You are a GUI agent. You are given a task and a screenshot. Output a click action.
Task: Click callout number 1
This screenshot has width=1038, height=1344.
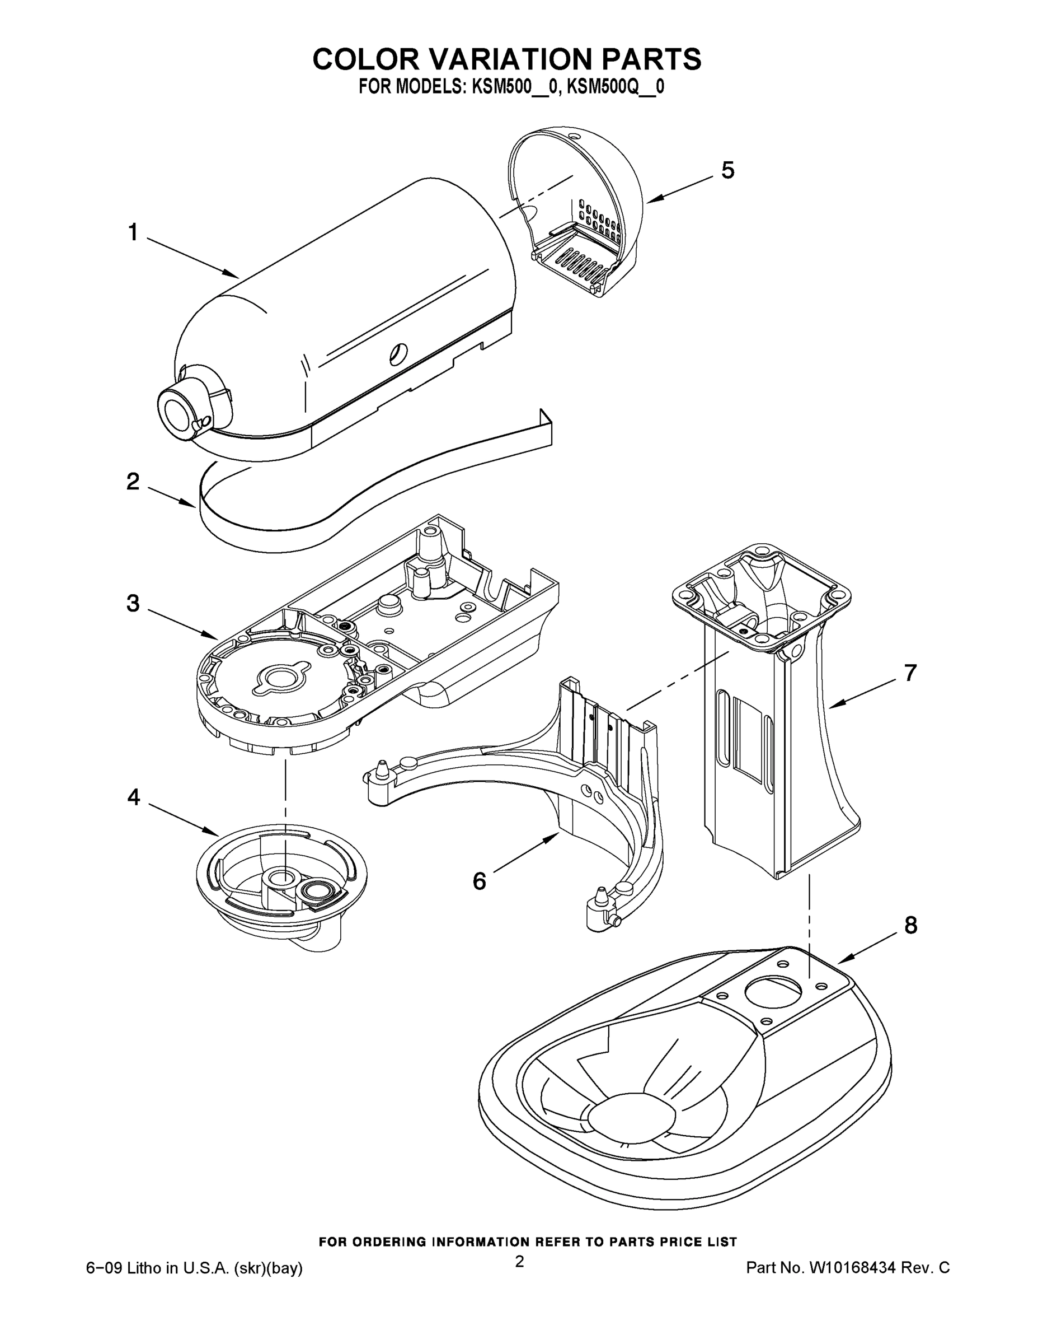click(133, 233)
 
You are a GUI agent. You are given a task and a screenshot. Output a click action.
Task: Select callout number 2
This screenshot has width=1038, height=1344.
click(133, 481)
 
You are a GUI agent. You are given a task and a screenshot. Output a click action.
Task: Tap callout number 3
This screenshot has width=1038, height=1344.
click(133, 604)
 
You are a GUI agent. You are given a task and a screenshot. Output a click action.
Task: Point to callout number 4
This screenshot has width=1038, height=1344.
click(133, 798)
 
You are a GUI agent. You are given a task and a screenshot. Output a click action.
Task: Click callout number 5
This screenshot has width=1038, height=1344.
click(727, 170)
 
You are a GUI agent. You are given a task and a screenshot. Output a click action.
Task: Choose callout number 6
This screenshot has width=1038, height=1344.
click(479, 881)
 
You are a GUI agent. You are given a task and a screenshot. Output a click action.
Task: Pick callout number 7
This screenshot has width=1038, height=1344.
click(910, 673)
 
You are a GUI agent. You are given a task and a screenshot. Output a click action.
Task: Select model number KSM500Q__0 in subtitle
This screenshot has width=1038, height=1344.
click(614, 87)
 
